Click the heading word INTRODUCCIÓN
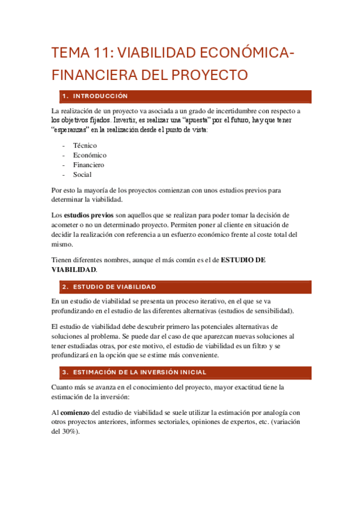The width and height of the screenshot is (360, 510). pyautogui.click(x=103, y=96)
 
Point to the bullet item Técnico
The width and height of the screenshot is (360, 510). pyautogui.click(x=85, y=145)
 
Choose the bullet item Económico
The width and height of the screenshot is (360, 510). pyautogui.click(x=90, y=155)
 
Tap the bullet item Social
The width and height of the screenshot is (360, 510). pyautogui.click(x=82, y=174)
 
